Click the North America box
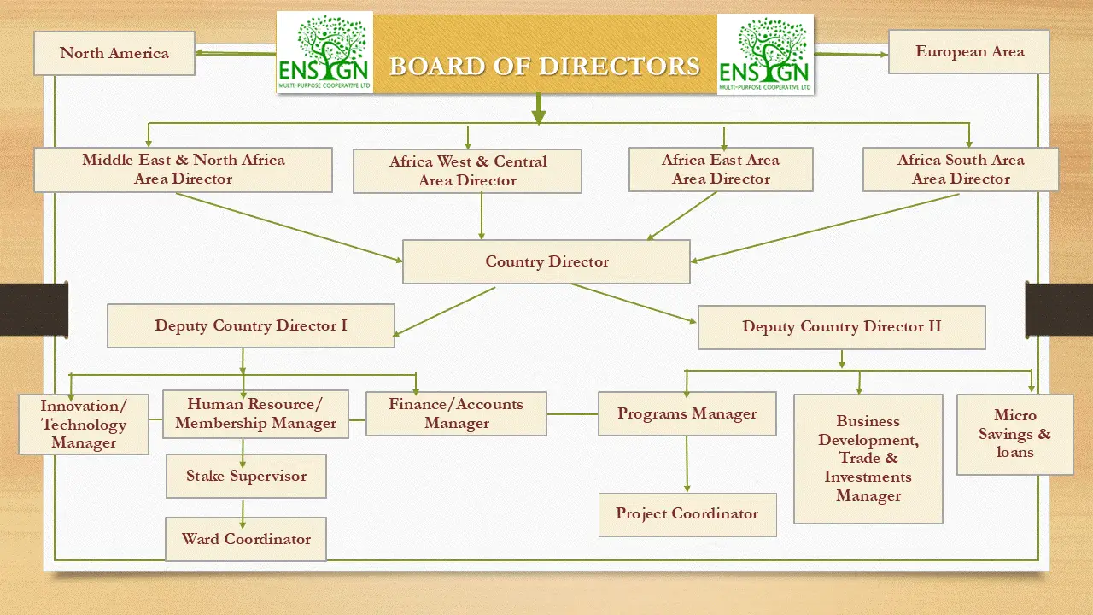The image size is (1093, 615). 114,53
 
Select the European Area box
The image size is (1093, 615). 969,51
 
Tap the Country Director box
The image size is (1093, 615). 546,261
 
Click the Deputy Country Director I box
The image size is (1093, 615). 251,325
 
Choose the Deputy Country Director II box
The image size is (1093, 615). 841,327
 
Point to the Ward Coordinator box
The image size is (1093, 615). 246,539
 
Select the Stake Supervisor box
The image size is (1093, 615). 246,476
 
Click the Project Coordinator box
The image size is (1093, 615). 687,514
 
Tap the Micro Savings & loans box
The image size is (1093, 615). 1014,434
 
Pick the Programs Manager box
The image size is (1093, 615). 687,414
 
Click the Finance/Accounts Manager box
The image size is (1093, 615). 456,413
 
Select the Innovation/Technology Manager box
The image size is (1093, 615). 84,424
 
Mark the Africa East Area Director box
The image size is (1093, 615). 721,169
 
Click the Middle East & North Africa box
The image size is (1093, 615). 183,169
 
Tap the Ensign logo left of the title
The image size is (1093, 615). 324,52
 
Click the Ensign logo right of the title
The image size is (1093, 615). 766,54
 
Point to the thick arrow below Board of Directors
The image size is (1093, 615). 539,109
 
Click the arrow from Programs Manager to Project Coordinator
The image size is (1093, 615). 687,465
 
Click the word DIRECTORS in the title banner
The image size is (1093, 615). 613,66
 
